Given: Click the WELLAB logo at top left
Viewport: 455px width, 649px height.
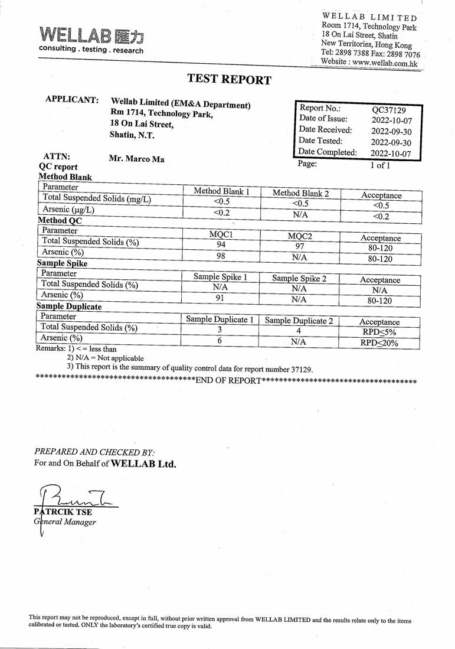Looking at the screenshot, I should pyautogui.click(x=91, y=39).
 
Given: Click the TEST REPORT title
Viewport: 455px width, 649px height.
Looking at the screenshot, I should pyautogui.click(x=229, y=80).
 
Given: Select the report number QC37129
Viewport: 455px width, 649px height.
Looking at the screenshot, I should pyautogui.click(x=388, y=109).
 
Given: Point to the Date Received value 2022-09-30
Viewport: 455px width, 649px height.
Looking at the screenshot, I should pyautogui.click(x=391, y=131).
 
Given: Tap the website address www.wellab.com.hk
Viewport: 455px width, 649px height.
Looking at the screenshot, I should pyautogui.click(x=386, y=62).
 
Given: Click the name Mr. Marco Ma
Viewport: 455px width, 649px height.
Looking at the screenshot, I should pyautogui.click(x=136, y=159).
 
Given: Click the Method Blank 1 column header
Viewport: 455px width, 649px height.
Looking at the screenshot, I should pyautogui.click(x=221, y=191).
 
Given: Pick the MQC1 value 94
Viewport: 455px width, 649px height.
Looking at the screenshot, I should pyautogui.click(x=221, y=244).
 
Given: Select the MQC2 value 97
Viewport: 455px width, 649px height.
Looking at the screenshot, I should pyautogui.click(x=300, y=246).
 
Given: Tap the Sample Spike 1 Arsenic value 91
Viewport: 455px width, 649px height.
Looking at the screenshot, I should pyautogui.click(x=220, y=298).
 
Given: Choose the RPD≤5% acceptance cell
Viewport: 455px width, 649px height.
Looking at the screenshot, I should pyautogui.click(x=379, y=332).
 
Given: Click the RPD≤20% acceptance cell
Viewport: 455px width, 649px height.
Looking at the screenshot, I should pyautogui.click(x=379, y=343).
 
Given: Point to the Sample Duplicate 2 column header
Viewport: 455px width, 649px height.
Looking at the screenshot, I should pyautogui.click(x=299, y=321).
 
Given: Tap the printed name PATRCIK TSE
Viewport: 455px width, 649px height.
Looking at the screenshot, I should pyautogui.click(x=63, y=512).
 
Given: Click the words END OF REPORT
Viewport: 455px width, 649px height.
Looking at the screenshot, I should pyautogui.click(x=227, y=380).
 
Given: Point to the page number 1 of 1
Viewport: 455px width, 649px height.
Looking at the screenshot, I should pyautogui.click(x=380, y=165).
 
